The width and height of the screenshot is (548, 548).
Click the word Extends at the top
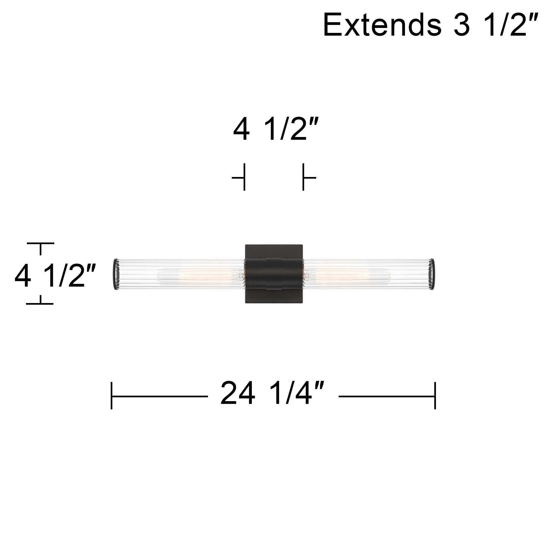[382, 25]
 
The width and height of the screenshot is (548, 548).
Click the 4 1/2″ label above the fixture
[276, 129]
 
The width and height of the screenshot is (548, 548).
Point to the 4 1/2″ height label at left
[55, 276]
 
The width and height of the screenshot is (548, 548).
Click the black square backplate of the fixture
[274, 274]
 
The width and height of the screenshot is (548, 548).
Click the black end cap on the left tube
[116, 274]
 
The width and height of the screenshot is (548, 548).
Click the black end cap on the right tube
[432, 274]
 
